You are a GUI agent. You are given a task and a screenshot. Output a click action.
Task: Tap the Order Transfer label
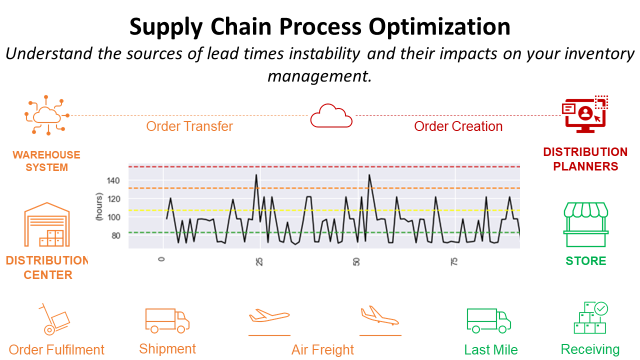190,127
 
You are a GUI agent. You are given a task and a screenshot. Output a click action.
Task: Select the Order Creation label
458,127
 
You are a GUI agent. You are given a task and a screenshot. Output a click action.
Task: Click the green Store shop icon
585,225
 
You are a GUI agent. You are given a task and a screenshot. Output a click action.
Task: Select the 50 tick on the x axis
357,261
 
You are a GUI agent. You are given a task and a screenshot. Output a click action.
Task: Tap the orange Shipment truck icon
167,319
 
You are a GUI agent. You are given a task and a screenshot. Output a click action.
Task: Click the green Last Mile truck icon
489,320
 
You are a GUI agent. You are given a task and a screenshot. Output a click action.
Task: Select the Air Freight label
322,350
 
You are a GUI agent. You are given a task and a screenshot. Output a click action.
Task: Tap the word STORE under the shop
585,261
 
